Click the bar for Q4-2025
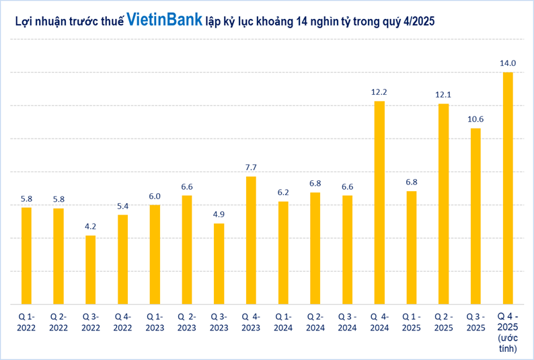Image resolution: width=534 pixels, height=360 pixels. [x=508, y=188]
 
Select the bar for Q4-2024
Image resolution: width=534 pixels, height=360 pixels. [x=379, y=202]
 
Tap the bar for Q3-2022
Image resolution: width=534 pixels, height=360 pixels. [x=90, y=269]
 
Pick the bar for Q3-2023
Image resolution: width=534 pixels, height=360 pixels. [x=219, y=263]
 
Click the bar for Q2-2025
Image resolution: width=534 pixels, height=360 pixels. [x=443, y=203]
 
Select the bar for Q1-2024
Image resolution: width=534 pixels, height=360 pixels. [x=283, y=252]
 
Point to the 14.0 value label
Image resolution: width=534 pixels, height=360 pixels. [x=508, y=63]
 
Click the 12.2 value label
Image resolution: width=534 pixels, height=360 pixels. [x=379, y=92]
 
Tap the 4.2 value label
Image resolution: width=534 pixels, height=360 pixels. [x=90, y=226]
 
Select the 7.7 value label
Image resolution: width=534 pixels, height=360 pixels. [x=251, y=168]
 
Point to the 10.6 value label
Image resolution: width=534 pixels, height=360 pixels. [x=475, y=119]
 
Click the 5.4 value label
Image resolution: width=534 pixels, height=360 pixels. [x=122, y=206]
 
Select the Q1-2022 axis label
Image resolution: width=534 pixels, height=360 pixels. [x=26, y=321]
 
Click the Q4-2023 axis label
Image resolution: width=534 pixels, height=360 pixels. [x=251, y=321]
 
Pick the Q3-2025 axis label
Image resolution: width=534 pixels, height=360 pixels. [x=475, y=321]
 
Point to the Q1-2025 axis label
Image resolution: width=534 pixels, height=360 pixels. [x=412, y=321]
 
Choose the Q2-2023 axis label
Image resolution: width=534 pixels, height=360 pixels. [x=186, y=321]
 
